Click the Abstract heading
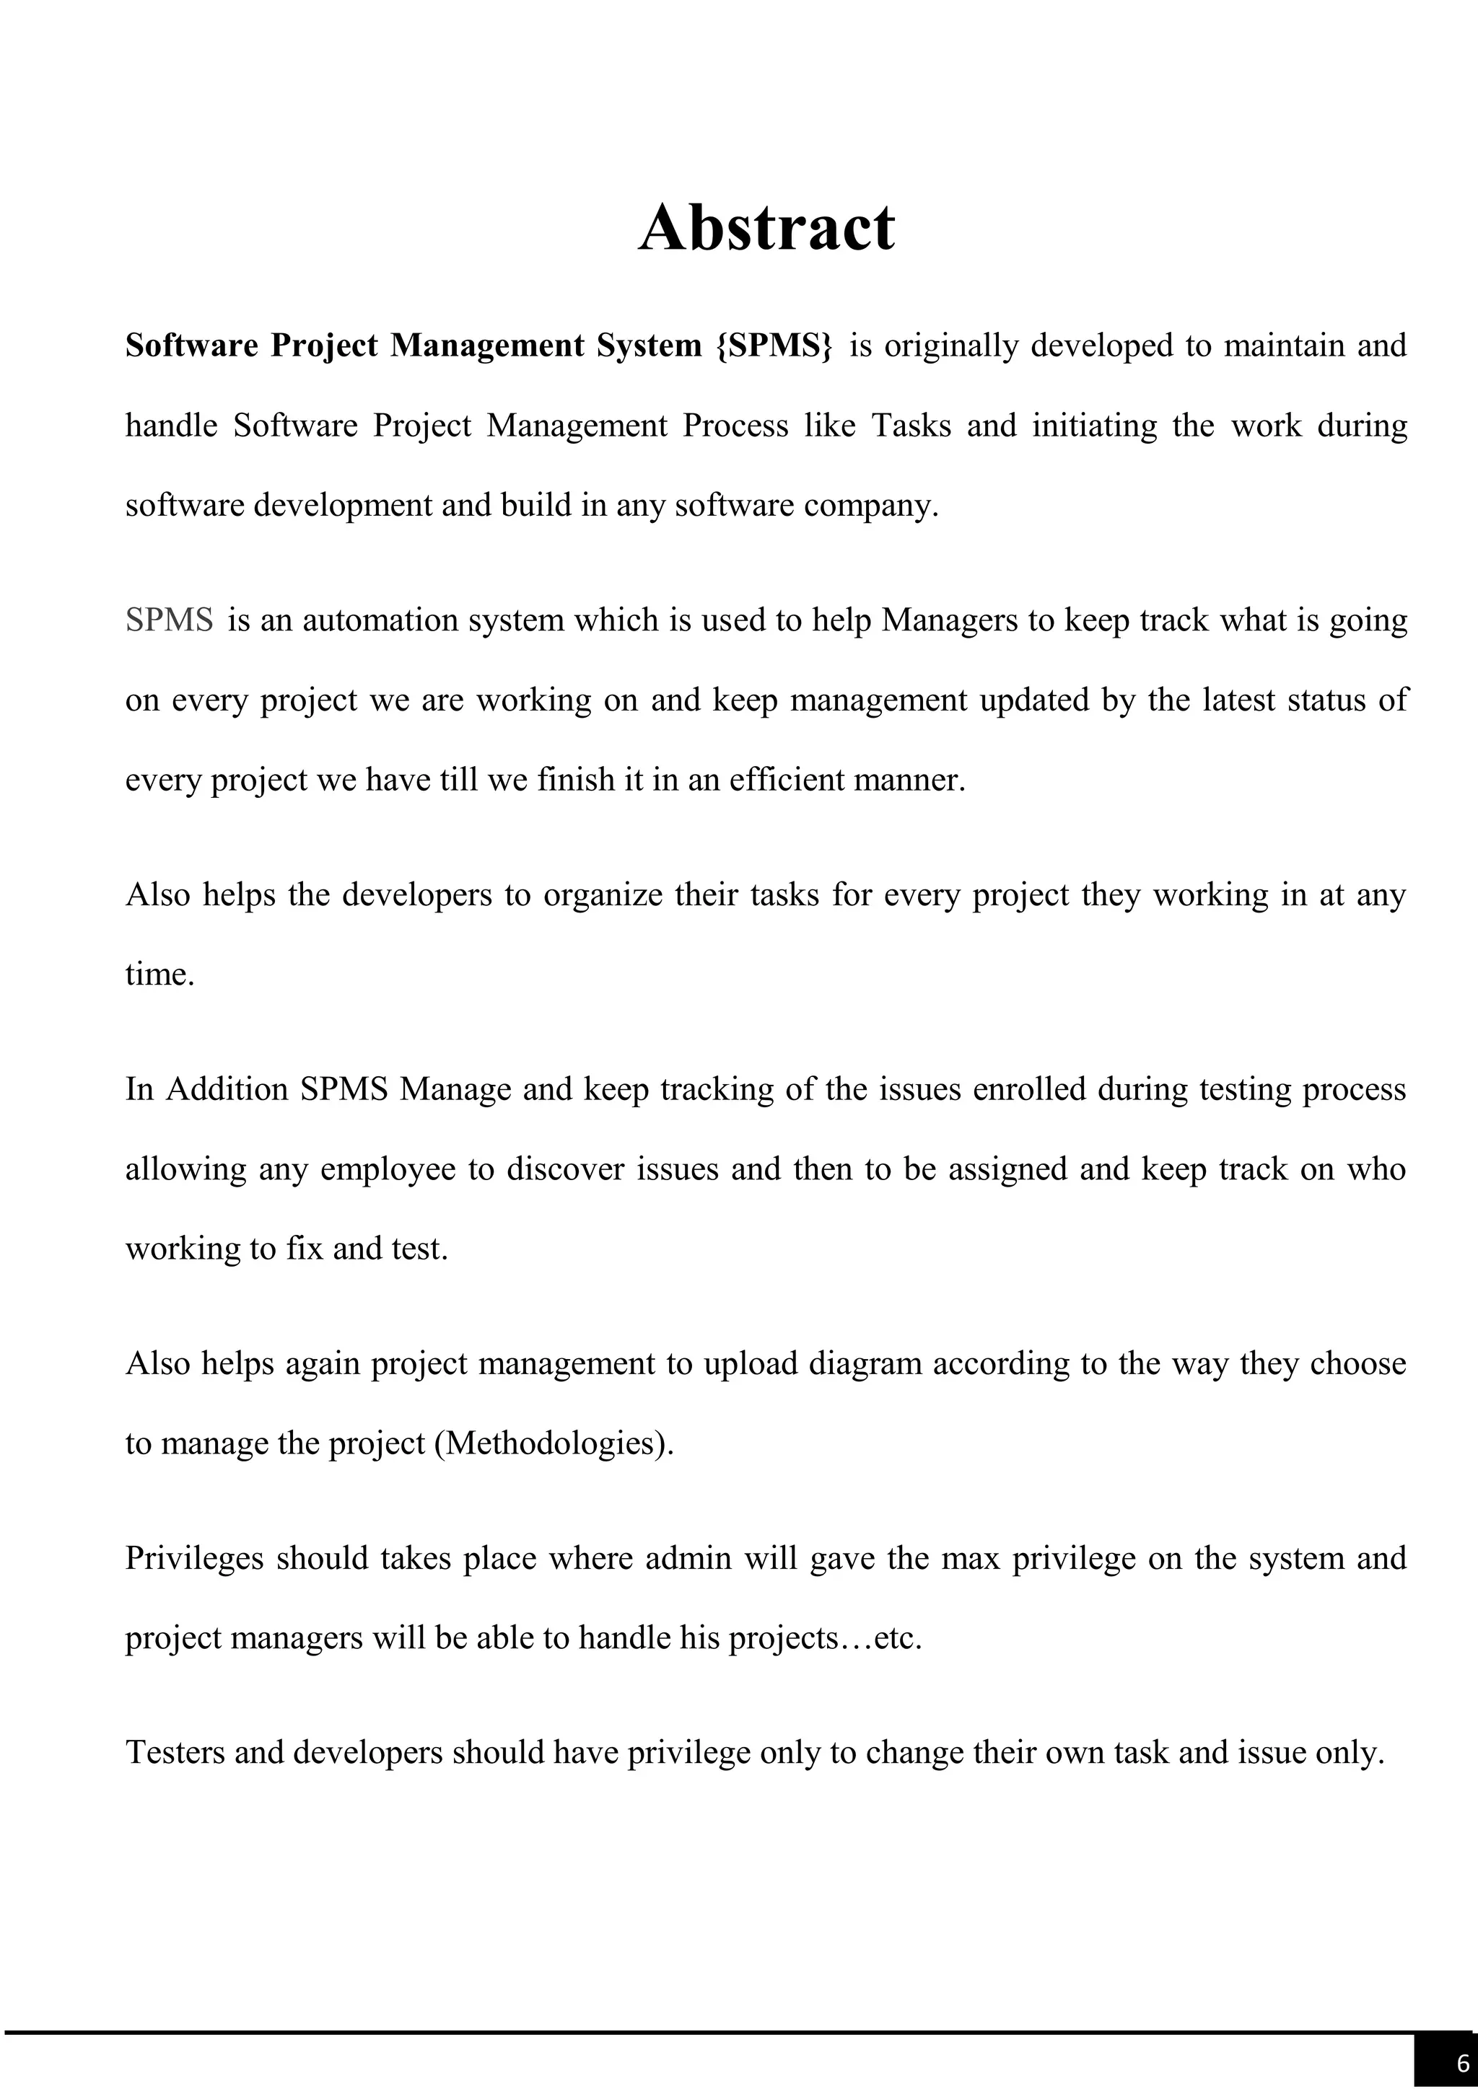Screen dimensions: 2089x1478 coord(766,227)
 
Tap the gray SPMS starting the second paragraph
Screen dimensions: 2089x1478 coord(170,620)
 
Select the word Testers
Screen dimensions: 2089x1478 coord(174,1752)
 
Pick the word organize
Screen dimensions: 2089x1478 coord(603,895)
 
